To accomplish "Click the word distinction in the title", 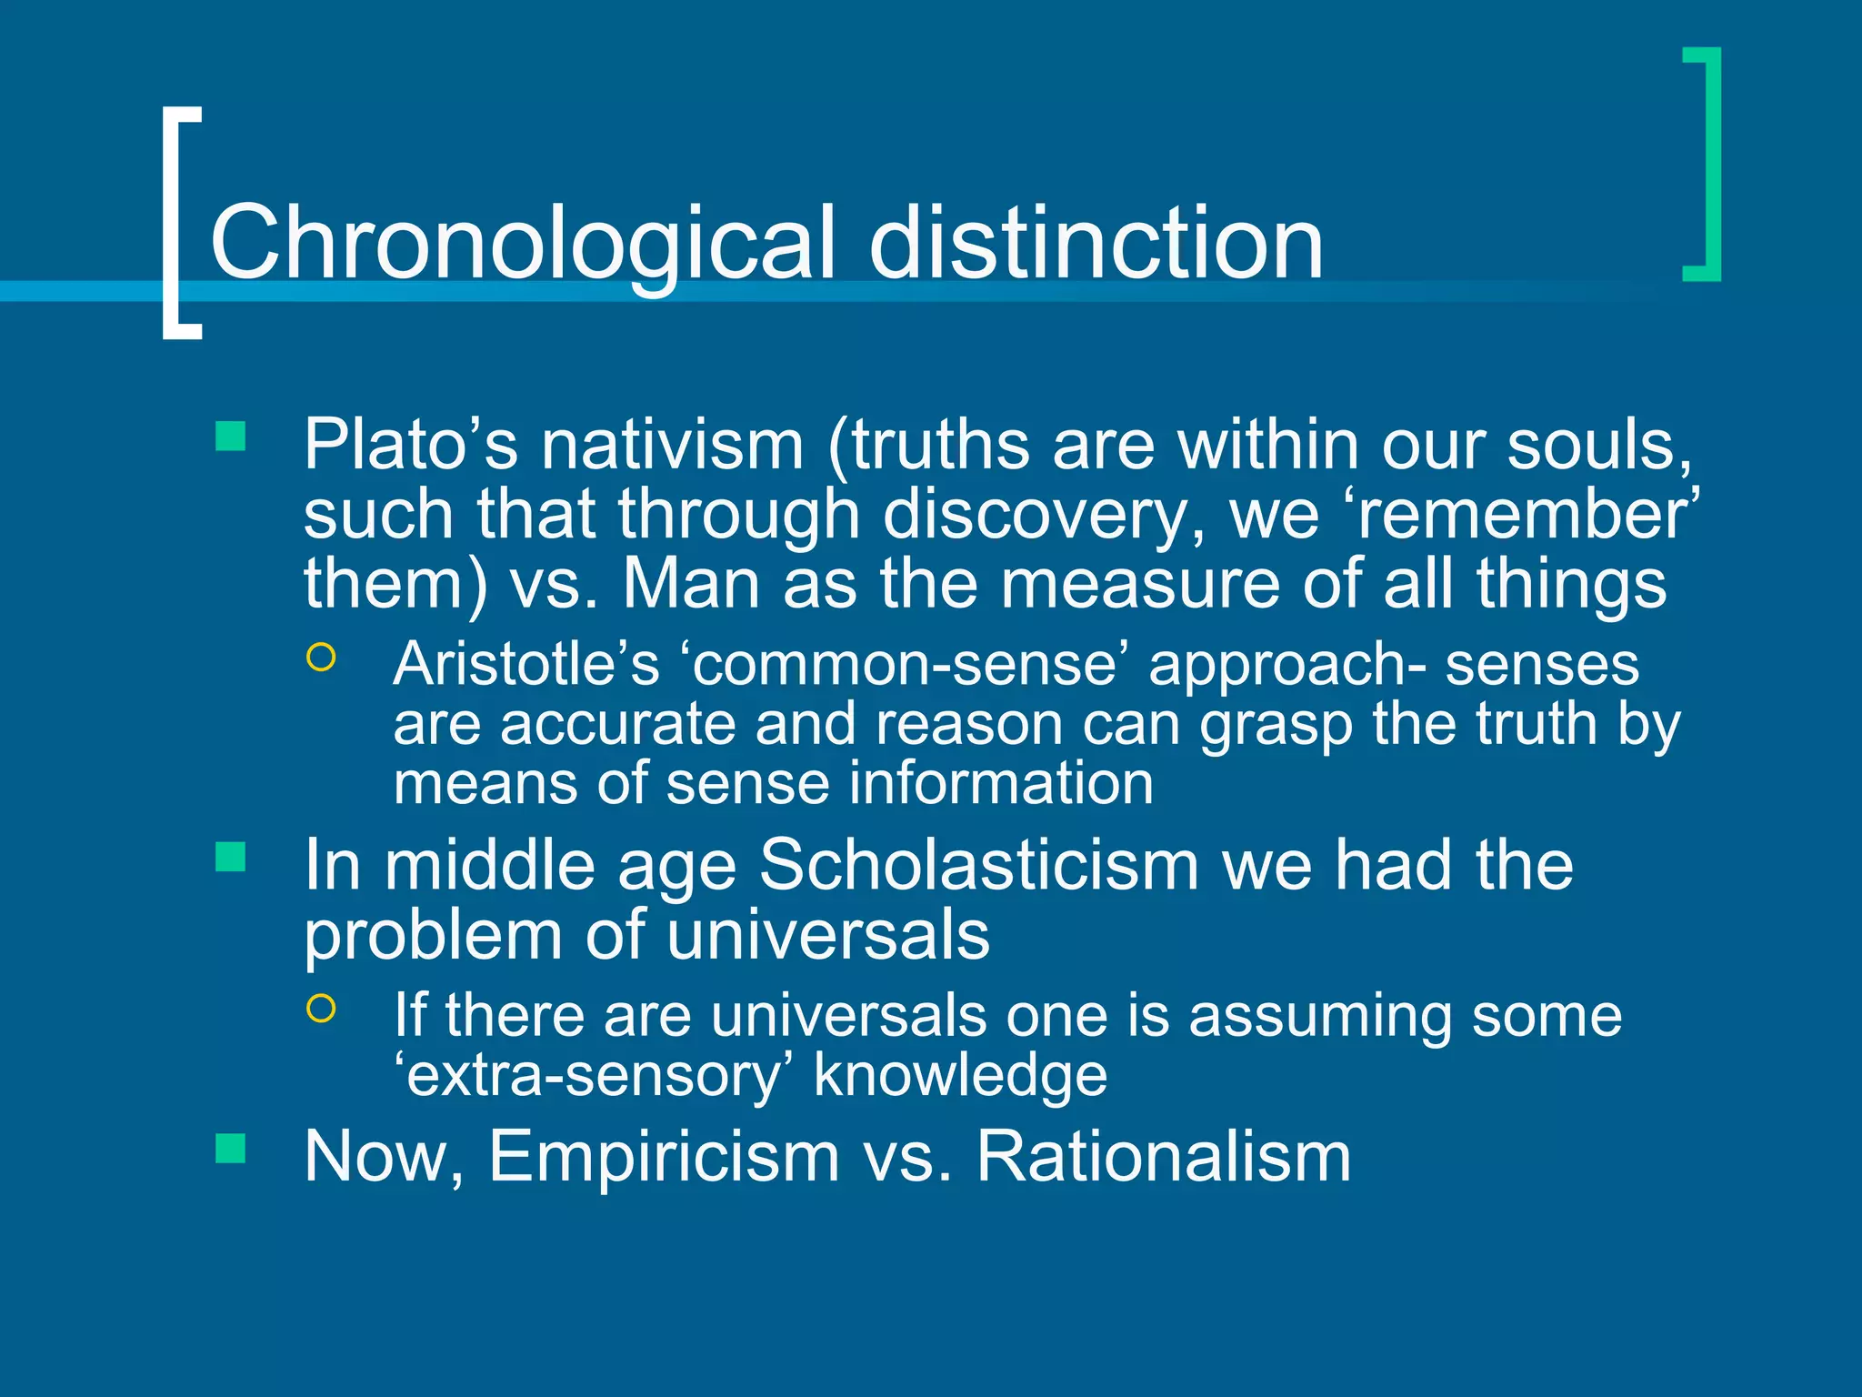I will point(1096,242).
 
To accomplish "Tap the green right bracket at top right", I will point(1707,165).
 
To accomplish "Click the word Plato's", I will point(410,445).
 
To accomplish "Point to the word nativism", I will point(673,445).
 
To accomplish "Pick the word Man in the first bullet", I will point(691,584).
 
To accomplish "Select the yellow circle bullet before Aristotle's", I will point(321,657).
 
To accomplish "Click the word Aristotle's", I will point(526,664).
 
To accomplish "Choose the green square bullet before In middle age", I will point(231,857).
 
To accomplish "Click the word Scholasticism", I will point(978,865).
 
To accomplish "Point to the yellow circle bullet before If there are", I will point(321,1008).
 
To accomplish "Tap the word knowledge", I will point(960,1076).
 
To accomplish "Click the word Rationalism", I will point(1163,1157).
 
